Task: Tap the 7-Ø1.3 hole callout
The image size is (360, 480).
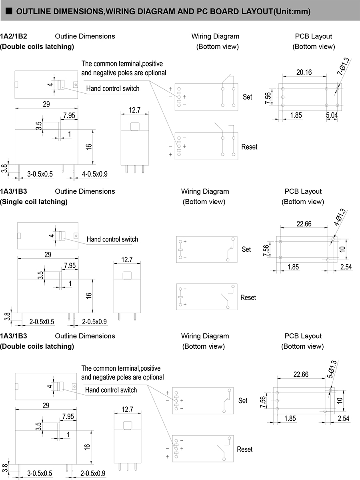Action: click(x=343, y=67)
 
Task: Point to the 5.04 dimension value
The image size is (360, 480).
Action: click(x=332, y=115)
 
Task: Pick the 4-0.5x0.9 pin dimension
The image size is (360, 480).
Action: click(x=94, y=174)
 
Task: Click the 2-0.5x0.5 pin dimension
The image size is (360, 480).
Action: click(x=42, y=321)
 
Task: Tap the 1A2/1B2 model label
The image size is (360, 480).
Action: click(x=14, y=36)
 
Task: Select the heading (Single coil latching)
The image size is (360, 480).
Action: click(x=34, y=201)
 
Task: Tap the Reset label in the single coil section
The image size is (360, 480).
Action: click(x=248, y=297)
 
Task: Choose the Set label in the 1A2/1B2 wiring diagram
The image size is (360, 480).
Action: click(x=248, y=96)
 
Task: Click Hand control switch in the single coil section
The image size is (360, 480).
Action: click(x=112, y=239)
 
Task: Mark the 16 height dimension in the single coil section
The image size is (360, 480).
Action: click(x=89, y=295)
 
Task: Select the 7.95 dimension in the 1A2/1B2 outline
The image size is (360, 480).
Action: click(x=69, y=116)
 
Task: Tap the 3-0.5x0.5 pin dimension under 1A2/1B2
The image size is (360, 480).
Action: click(x=40, y=174)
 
